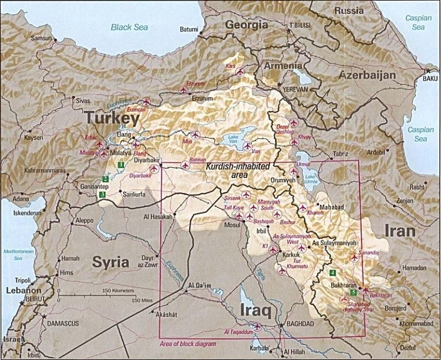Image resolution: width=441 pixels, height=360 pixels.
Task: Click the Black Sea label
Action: [x=129, y=26]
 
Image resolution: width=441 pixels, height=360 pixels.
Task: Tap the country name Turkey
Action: [x=113, y=119]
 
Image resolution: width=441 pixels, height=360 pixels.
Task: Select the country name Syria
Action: [x=110, y=262]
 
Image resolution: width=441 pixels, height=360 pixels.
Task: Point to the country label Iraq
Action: [x=254, y=311]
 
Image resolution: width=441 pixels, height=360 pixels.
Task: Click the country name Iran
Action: [x=399, y=231]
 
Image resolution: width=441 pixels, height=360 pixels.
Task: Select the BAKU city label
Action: [x=430, y=78]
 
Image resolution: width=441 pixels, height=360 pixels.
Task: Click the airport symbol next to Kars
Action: [x=240, y=72]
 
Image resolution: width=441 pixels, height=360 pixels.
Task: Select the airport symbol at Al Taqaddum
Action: [x=256, y=327]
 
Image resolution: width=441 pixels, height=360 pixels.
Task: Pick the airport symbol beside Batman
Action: [x=185, y=165]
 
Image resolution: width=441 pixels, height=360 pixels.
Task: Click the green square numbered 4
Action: [x=333, y=272]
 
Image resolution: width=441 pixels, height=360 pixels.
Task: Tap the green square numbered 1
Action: [x=121, y=165]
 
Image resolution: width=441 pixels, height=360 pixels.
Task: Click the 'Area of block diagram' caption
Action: [x=189, y=343]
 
